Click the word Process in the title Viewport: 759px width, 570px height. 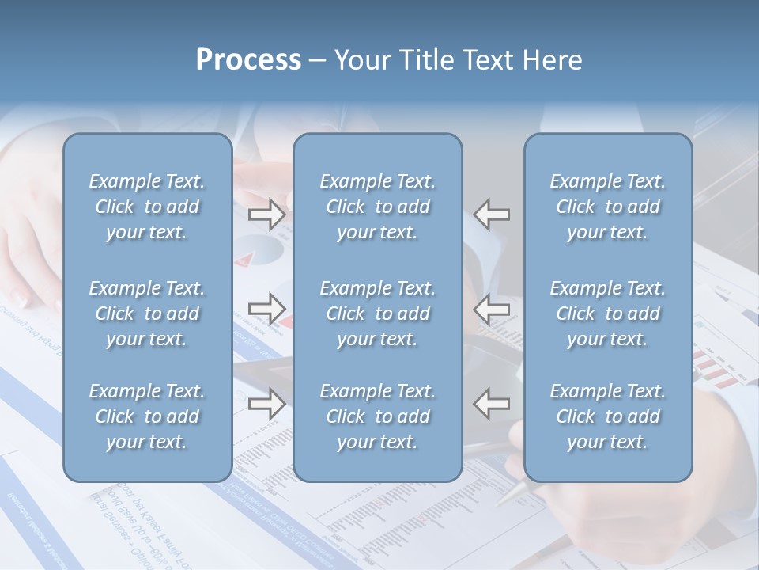click(248, 60)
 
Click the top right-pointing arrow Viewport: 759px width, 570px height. click(266, 214)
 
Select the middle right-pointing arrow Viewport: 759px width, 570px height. click(266, 308)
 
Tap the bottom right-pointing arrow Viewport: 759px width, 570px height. click(266, 404)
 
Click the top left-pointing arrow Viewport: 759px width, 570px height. click(492, 214)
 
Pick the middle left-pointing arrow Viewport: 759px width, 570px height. click(492, 308)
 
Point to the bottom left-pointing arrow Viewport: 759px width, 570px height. click(492, 404)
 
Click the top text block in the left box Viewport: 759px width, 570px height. click(147, 207)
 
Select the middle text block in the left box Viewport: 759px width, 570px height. click(147, 313)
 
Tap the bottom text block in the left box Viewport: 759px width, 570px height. click(147, 416)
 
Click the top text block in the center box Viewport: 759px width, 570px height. click(377, 207)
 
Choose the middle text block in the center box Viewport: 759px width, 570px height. click(377, 313)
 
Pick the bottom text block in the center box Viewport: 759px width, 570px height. click(377, 416)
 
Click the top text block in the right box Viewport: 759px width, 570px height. click(607, 207)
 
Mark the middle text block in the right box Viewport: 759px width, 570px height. click(607, 313)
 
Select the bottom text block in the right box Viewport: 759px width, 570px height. click(607, 416)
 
